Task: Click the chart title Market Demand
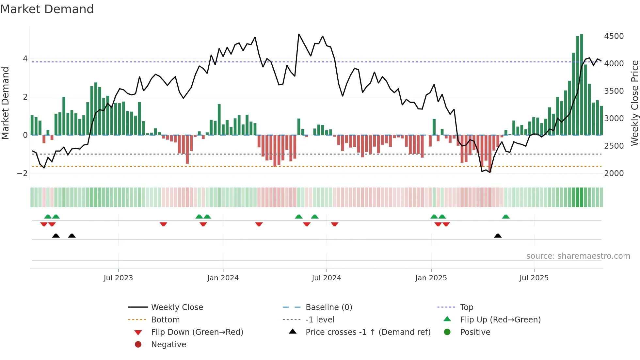click(x=47, y=9)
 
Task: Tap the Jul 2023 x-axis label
click(x=118, y=278)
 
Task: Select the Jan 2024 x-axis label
click(x=223, y=278)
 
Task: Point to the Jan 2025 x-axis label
click(x=431, y=278)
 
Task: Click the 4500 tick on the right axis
click(x=614, y=36)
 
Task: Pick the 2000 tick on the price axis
click(x=614, y=173)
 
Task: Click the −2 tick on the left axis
click(x=22, y=173)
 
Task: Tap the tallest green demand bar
click(x=581, y=85)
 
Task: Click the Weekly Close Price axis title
click(x=634, y=103)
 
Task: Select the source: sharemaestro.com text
click(x=578, y=256)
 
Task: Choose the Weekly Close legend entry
click(x=177, y=307)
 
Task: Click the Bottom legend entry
click(x=165, y=319)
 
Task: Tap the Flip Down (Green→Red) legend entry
click(x=197, y=332)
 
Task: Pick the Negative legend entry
click(x=168, y=344)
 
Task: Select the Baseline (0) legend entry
click(x=328, y=307)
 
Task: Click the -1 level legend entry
click(x=320, y=319)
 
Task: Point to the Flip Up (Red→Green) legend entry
click(x=500, y=319)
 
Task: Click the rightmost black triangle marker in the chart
click(x=498, y=236)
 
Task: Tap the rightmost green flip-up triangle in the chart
click(x=505, y=217)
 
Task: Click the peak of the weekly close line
click(x=299, y=34)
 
